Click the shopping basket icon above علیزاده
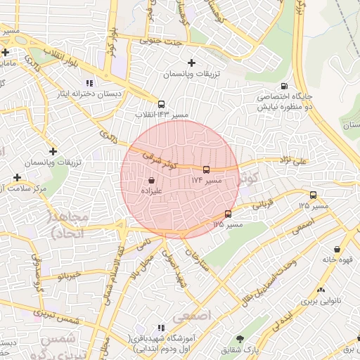(x=152, y=181)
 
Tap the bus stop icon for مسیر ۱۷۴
(x=206, y=169)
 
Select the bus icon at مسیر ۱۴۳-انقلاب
(x=162, y=103)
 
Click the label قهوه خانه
(x=337, y=259)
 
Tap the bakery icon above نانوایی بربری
(x=321, y=289)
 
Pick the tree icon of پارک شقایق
(x=240, y=339)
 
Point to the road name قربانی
(x=261, y=203)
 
